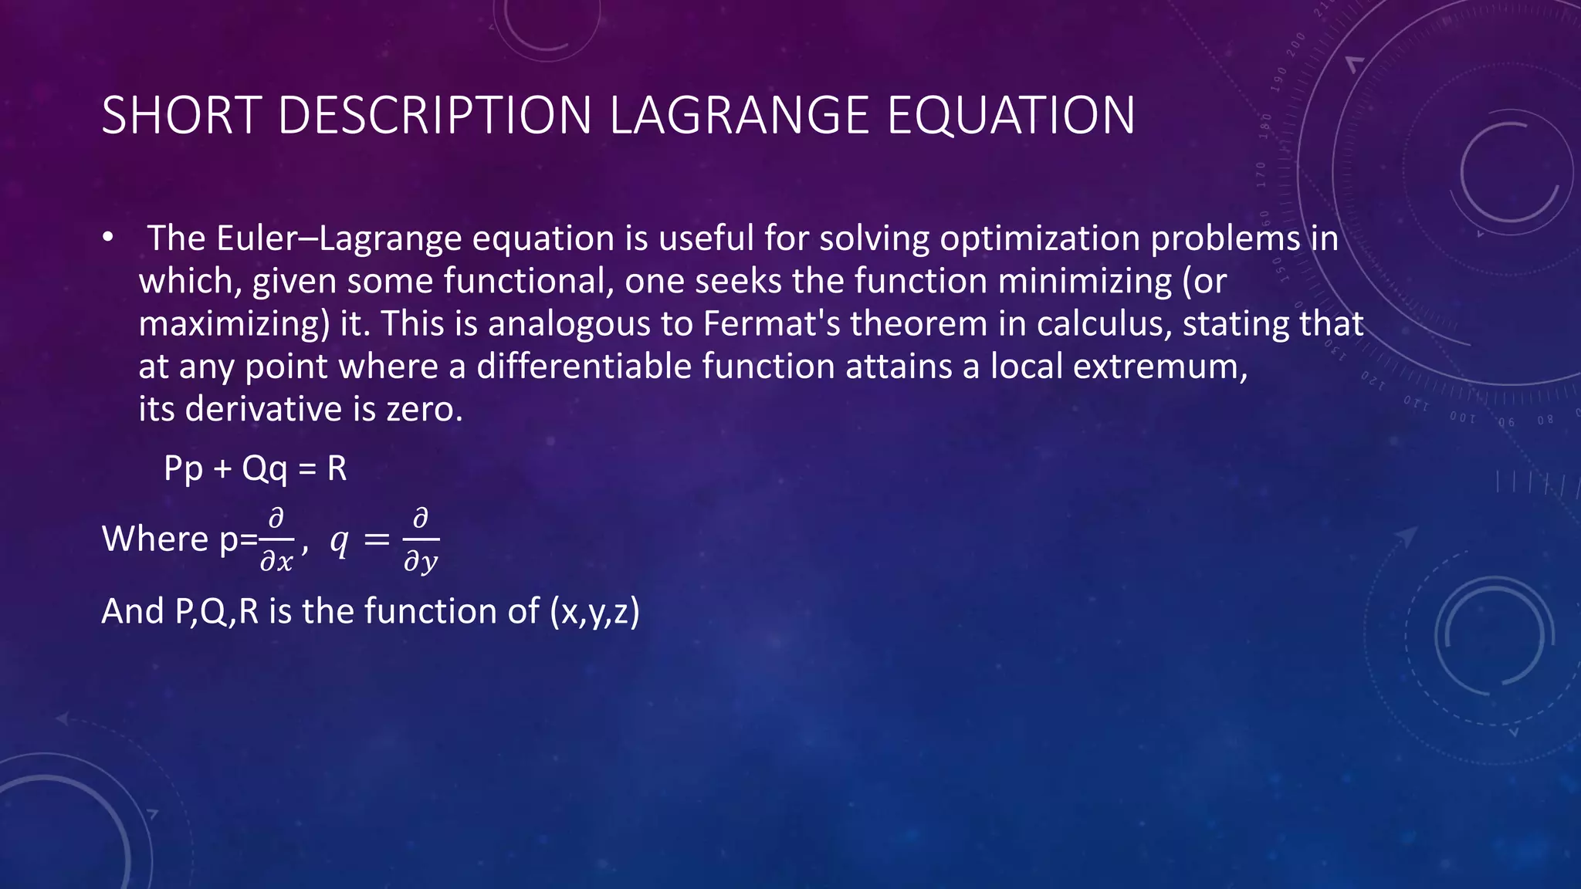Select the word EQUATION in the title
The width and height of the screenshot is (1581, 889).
coord(1011,116)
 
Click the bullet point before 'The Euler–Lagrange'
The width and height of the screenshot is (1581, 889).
coord(107,238)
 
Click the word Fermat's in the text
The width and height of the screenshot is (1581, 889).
coord(771,323)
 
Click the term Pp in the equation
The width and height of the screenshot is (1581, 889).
coord(184,468)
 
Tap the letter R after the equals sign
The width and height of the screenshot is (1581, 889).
coord(337,468)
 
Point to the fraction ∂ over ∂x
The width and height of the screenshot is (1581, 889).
coord(276,540)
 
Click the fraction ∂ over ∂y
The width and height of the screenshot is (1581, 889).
coord(421,540)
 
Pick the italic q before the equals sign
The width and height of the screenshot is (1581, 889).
coord(338,541)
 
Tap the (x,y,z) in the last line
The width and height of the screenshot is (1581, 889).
coord(594,611)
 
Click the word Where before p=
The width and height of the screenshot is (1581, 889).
coord(155,539)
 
